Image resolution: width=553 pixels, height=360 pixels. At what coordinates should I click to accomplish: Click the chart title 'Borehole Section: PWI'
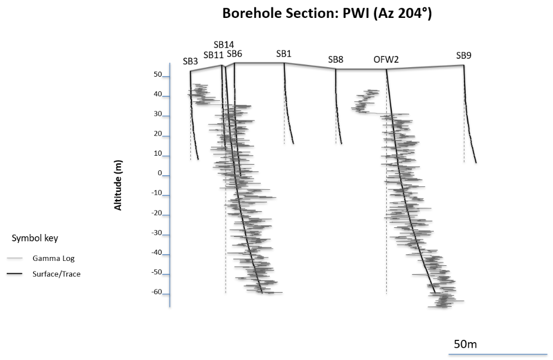coord(327,13)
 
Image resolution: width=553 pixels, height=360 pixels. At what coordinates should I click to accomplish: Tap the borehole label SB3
coord(190,62)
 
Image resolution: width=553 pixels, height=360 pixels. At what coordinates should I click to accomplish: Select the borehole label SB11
coord(213,54)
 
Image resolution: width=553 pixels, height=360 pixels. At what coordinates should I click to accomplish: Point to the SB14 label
coord(223,45)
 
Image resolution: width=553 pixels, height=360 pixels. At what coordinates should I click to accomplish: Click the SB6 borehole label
coord(234,54)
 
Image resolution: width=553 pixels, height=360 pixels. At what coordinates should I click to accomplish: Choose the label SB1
coord(284,54)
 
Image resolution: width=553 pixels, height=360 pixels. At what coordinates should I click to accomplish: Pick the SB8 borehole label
coord(335,59)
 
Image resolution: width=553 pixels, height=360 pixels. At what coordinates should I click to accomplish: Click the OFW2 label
coord(386,59)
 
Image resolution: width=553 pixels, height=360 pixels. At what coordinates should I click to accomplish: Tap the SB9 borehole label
coord(463,55)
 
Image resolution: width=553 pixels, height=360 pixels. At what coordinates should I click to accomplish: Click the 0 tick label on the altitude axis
coord(159,173)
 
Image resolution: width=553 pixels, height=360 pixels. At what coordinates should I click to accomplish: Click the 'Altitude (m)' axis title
coord(118,185)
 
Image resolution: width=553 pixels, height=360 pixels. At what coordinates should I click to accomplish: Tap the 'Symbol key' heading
coord(35,238)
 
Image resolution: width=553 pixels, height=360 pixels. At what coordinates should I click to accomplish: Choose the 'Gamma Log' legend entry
coord(53,259)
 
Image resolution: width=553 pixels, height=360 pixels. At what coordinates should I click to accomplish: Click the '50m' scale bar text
coord(465,344)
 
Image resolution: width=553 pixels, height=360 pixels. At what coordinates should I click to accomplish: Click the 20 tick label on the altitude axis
coord(157,134)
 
